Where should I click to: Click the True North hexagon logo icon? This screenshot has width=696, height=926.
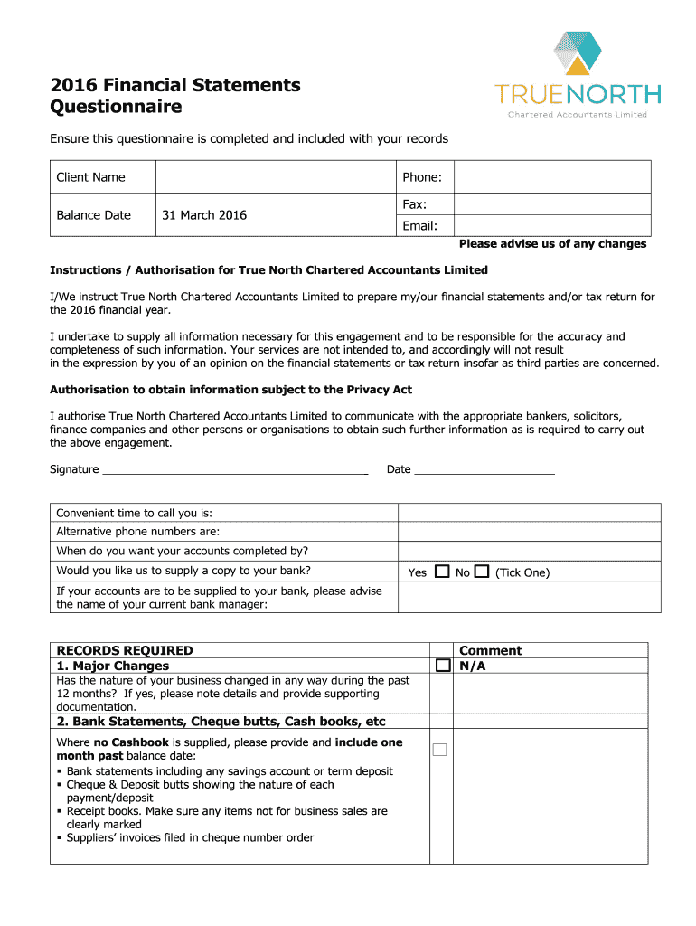coord(577,53)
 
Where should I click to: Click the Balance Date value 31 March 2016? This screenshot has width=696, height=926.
coord(204,215)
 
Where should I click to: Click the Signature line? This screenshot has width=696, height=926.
coord(235,470)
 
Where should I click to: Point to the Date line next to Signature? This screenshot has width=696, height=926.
coord(484,470)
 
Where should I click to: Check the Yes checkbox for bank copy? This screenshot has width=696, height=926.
coord(442,572)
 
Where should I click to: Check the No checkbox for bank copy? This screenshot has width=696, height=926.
coord(481,572)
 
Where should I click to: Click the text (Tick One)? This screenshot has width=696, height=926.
coord(522,572)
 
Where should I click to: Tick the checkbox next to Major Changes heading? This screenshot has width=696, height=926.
coord(442,666)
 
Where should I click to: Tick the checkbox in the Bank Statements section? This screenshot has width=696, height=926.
coord(439,749)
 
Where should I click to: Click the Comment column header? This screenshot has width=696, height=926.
coord(491,650)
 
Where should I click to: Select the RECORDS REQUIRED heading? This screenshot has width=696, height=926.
coord(125,650)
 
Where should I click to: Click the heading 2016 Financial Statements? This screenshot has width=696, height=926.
coord(174,85)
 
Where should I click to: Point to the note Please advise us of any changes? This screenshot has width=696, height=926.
coord(552,244)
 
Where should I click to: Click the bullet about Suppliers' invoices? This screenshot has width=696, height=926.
coord(190,837)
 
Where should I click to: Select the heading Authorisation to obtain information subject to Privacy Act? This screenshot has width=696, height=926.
coord(230,390)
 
